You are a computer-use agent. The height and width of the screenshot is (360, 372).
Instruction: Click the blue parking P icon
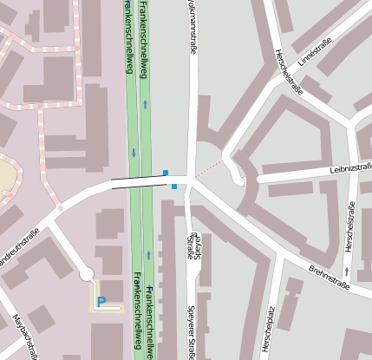point(101,301)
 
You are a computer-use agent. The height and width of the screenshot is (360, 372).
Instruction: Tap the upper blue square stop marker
point(166,173)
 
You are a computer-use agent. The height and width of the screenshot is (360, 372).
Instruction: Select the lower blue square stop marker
point(174,186)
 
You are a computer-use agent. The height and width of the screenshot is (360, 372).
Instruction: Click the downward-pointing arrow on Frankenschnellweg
point(134,153)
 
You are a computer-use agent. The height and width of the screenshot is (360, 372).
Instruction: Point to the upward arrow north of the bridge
point(145,104)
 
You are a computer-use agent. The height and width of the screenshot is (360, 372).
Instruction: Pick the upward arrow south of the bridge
point(149,255)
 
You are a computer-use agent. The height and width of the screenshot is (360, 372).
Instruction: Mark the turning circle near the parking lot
point(86,274)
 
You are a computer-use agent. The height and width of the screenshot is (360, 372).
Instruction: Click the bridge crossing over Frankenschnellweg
point(140,182)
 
